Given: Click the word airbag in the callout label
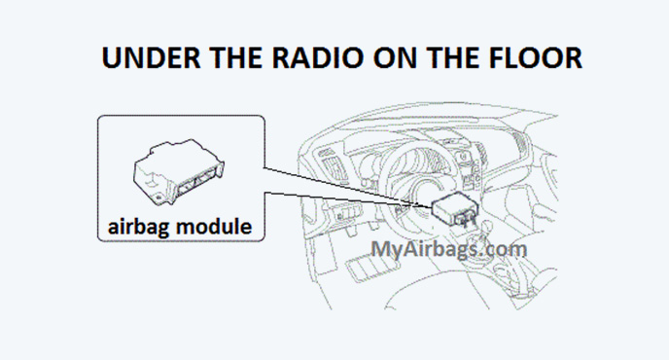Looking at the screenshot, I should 141,227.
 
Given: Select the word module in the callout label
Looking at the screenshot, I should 216,227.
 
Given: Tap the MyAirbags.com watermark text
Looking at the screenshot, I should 449,247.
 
